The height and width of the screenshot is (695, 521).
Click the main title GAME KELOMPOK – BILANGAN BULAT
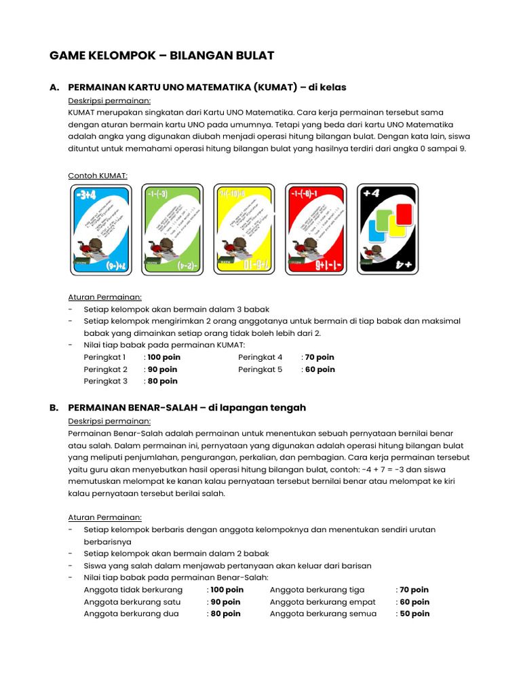point(162,56)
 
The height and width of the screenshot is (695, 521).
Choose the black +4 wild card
point(386,229)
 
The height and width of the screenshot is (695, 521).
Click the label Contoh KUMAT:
point(98,176)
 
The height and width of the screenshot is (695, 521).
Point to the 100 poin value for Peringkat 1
point(163,357)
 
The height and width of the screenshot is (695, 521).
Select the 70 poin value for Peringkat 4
point(320,357)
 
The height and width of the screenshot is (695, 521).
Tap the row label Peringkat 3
point(105,381)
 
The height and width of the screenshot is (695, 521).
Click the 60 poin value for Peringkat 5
point(320,369)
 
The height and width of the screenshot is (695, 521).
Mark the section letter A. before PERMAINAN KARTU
point(54,88)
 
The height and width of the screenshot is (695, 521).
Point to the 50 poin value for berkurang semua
point(414,614)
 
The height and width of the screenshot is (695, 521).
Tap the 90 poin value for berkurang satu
point(225,602)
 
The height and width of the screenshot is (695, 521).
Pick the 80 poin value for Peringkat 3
point(163,381)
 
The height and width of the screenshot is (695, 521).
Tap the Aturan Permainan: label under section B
point(104,517)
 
